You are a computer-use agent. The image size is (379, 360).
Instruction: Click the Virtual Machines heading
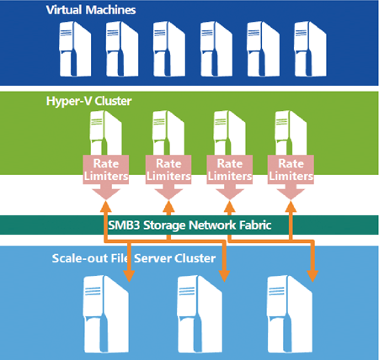[x=91, y=10]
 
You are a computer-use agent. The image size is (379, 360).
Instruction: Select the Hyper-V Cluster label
[x=88, y=101]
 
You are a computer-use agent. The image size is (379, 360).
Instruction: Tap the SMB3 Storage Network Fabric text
[x=189, y=225]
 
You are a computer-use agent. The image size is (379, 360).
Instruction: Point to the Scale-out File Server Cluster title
[x=134, y=258]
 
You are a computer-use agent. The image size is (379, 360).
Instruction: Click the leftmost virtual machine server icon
[x=75, y=49]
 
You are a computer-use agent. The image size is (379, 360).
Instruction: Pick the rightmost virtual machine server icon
[x=310, y=49]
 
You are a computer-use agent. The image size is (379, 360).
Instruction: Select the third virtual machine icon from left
[x=169, y=49]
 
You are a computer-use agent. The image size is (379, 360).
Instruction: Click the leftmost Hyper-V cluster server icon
[x=105, y=133]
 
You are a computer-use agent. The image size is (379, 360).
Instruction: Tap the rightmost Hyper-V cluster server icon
[x=291, y=133]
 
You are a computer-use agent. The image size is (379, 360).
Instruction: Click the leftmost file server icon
[x=106, y=314]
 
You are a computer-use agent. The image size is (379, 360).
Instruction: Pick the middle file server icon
[x=200, y=314]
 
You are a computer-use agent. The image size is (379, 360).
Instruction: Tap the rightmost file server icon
[x=290, y=314]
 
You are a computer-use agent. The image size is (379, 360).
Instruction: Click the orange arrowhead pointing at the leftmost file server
[x=129, y=276]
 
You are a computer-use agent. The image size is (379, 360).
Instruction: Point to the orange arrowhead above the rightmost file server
[x=312, y=276]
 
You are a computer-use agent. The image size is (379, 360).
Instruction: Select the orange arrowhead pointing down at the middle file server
[x=224, y=276]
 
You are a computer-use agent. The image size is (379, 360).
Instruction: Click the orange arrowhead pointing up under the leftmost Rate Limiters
[x=106, y=206]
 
